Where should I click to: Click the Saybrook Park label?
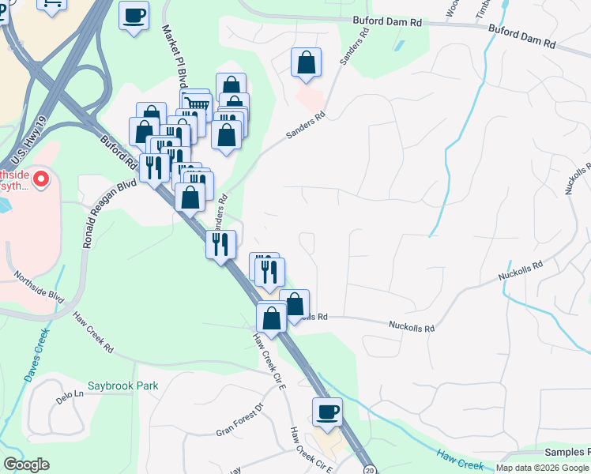(x=123, y=386)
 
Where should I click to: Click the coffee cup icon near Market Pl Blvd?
(x=134, y=15)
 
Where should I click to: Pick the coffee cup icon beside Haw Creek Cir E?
(x=327, y=412)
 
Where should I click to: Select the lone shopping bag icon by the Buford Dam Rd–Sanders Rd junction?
(x=306, y=62)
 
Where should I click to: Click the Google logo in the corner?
(x=26, y=465)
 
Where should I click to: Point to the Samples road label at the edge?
(x=567, y=452)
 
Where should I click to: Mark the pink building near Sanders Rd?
(x=309, y=99)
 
